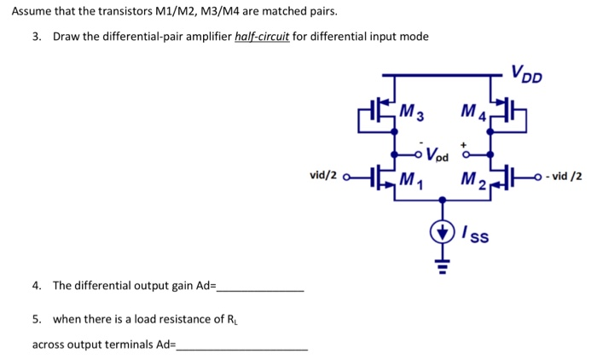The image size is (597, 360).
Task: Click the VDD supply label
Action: pyautogui.click(x=525, y=74)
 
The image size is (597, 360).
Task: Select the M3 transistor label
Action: pyautogui.click(x=414, y=112)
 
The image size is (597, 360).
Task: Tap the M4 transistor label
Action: pyautogui.click(x=472, y=112)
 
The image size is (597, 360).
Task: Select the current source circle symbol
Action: pyautogui.click(x=442, y=231)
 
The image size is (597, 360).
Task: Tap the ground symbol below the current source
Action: pyautogui.click(x=442, y=265)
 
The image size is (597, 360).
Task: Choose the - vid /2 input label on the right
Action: pyautogui.click(x=563, y=177)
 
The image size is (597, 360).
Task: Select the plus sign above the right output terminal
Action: pyautogui.click(x=467, y=145)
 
